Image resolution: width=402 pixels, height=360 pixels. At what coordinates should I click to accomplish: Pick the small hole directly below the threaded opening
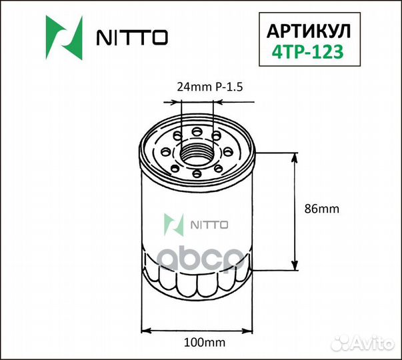(x=198, y=175)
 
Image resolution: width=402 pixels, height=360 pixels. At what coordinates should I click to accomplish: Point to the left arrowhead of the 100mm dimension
(x=149, y=329)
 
